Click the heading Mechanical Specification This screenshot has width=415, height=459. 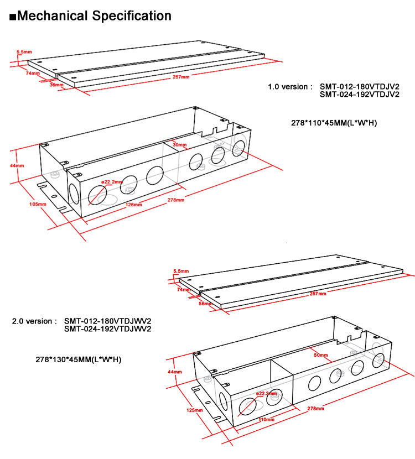(x=94, y=16)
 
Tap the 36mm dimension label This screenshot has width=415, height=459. (x=56, y=85)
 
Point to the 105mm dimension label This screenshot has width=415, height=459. (x=38, y=204)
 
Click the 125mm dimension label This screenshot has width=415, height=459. (x=194, y=410)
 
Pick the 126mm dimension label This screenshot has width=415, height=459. (x=133, y=205)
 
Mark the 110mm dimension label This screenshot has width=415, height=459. (x=266, y=420)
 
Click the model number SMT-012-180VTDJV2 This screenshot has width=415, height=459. (x=360, y=87)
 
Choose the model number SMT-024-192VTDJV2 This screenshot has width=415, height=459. (x=360, y=95)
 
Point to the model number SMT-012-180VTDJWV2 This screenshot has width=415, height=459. (x=108, y=321)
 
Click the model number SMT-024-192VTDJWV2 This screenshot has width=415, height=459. (x=108, y=329)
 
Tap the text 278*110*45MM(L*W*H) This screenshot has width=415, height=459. (x=334, y=123)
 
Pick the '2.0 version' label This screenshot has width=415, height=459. (x=34, y=321)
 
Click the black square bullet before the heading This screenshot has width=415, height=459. (x=13, y=17)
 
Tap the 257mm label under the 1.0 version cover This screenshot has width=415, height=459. (x=181, y=77)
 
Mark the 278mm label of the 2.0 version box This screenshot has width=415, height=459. (x=315, y=408)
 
